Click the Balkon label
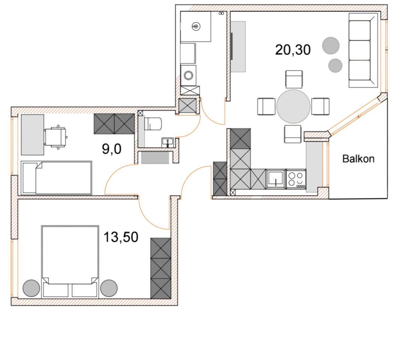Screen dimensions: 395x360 [x=358, y=159]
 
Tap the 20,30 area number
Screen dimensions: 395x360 [x=293, y=49]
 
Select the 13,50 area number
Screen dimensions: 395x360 [x=121, y=237]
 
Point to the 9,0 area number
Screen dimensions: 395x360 [x=111, y=149]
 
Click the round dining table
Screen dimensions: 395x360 [x=293, y=106]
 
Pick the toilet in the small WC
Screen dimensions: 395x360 [x=153, y=124]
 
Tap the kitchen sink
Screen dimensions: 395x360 [x=276, y=179]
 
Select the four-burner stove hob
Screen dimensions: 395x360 [x=296, y=179]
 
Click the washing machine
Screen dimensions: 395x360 [x=188, y=75]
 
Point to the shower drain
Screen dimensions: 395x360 [x=196, y=25]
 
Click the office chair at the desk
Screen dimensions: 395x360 [x=56, y=137]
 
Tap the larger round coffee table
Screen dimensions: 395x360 [x=331, y=46]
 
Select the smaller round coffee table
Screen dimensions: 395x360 [x=335, y=66]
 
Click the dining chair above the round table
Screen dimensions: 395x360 [x=294, y=79]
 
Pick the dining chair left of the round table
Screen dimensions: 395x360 [x=266, y=106]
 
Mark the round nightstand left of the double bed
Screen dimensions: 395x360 [x=31, y=288]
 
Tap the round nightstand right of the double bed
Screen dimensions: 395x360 [x=109, y=288]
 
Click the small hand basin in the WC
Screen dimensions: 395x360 [x=168, y=142]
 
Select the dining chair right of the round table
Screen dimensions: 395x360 [x=320, y=106]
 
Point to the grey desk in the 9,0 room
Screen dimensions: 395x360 [x=33, y=135]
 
